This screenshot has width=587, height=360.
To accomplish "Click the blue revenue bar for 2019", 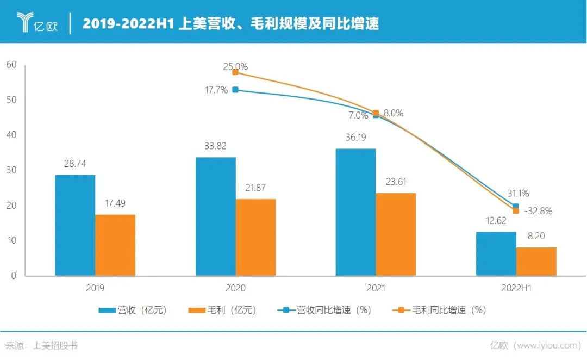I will coord(75,225).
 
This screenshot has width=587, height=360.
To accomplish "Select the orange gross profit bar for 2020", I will coord(255,237).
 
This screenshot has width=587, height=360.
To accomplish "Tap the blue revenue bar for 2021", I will coord(355,212).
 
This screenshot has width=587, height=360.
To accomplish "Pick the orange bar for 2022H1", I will coord(536,262).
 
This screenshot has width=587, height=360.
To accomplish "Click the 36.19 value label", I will coord(355,138).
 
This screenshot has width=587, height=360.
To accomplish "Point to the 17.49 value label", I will coord(115,204).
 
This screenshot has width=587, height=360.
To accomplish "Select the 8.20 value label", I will coord(536,237).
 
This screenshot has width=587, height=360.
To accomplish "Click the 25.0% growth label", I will coord(235,67).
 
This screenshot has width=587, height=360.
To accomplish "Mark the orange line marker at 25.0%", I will coord(235,72).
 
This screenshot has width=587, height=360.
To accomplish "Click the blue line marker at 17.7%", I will coord(235,90).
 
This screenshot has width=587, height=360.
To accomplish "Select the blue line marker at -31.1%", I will coord(516,206).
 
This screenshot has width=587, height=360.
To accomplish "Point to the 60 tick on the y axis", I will coord(11,65).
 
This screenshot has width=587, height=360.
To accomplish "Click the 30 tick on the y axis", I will coord(11,170).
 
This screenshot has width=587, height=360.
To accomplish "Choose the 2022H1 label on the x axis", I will coord(516,289).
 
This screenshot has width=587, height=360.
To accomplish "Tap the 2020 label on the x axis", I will coord(235,289).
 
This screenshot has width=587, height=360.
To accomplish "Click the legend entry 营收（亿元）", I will coord(133,311).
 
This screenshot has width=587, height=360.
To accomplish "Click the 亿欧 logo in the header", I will coord(38,22).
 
